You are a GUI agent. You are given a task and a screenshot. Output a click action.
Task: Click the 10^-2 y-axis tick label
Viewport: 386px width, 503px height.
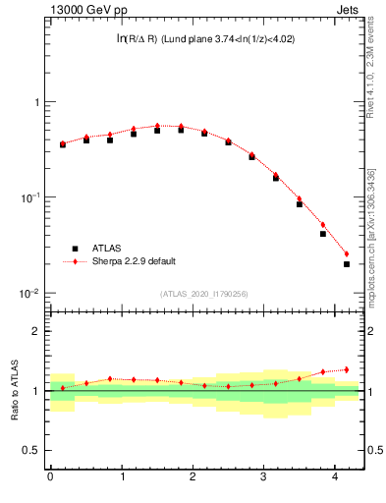(30, 294)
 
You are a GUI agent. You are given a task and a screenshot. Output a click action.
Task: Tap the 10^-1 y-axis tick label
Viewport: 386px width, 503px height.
(30, 198)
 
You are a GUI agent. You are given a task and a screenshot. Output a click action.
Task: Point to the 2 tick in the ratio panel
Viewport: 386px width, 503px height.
(36, 331)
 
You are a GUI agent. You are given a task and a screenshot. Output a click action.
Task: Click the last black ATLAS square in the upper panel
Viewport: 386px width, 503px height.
(347, 264)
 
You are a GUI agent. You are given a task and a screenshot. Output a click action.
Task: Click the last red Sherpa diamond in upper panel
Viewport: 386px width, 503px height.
(347, 253)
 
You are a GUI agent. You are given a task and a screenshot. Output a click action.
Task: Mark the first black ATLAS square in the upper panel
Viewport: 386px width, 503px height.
(63, 144)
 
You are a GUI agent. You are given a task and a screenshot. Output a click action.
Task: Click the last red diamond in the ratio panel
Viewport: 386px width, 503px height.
(347, 369)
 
